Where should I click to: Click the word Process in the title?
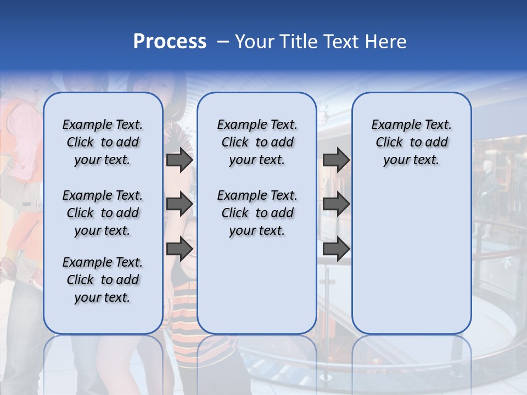click(170, 42)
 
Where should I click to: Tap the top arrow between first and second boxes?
click(180, 160)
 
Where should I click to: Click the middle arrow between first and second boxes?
click(180, 204)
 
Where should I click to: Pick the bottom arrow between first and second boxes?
click(180, 249)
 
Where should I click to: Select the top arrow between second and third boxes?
click(336, 160)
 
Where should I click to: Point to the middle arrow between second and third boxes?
click(336, 204)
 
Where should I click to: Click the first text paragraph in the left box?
click(103, 142)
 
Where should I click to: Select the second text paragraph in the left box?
click(103, 213)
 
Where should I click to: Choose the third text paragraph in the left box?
click(103, 280)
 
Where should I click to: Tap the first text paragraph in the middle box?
click(257, 142)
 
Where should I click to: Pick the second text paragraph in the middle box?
click(257, 213)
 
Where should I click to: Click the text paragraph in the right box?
click(412, 142)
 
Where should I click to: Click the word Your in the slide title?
click(254, 42)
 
